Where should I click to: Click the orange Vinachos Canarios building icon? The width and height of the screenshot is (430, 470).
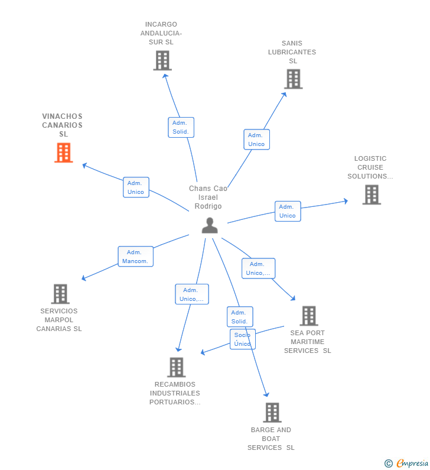click(x=63, y=153)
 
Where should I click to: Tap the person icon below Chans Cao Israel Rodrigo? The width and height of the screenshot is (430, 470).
click(x=210, y=225)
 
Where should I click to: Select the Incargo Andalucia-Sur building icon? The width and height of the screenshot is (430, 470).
click(x=162, y=60)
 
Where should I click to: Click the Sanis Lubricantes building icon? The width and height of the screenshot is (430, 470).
click(x=294, y=79)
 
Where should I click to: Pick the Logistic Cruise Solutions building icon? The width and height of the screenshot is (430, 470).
click(x=372, y=195)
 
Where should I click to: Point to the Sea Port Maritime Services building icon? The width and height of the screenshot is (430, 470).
click(x=309, y=316)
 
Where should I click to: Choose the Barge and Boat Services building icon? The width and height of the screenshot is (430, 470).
click(x=272, y=413)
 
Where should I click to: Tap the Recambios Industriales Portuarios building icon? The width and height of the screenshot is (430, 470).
click(x=177, y=367)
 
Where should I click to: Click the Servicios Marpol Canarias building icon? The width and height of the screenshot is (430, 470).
click(x=60, y=294)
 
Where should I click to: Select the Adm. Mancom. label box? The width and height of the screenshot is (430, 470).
click(x=136, y=257)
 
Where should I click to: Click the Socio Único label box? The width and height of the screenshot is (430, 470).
click(x=243, y=339)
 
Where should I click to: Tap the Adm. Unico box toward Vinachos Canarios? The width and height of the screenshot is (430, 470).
click(x=136, y=187)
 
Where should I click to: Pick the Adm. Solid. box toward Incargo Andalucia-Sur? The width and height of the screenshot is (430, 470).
click(x=181, y=127)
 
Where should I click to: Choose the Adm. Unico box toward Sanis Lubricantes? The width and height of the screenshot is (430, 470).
click(x=256, y=140)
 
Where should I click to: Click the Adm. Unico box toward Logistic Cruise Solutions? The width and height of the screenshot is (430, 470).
click(x=288, y=211)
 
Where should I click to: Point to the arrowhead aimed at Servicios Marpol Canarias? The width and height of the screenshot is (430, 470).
click(x=84, y=278)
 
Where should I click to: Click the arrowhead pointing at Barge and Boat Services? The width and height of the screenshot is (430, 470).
click(x=266, y=394)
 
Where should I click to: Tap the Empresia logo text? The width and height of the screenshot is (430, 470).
click(x=413, y=463)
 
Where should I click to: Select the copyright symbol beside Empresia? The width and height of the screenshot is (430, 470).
click(x=389, y=463)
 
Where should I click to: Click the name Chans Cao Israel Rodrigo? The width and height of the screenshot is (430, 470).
click(x=208, y=197)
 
